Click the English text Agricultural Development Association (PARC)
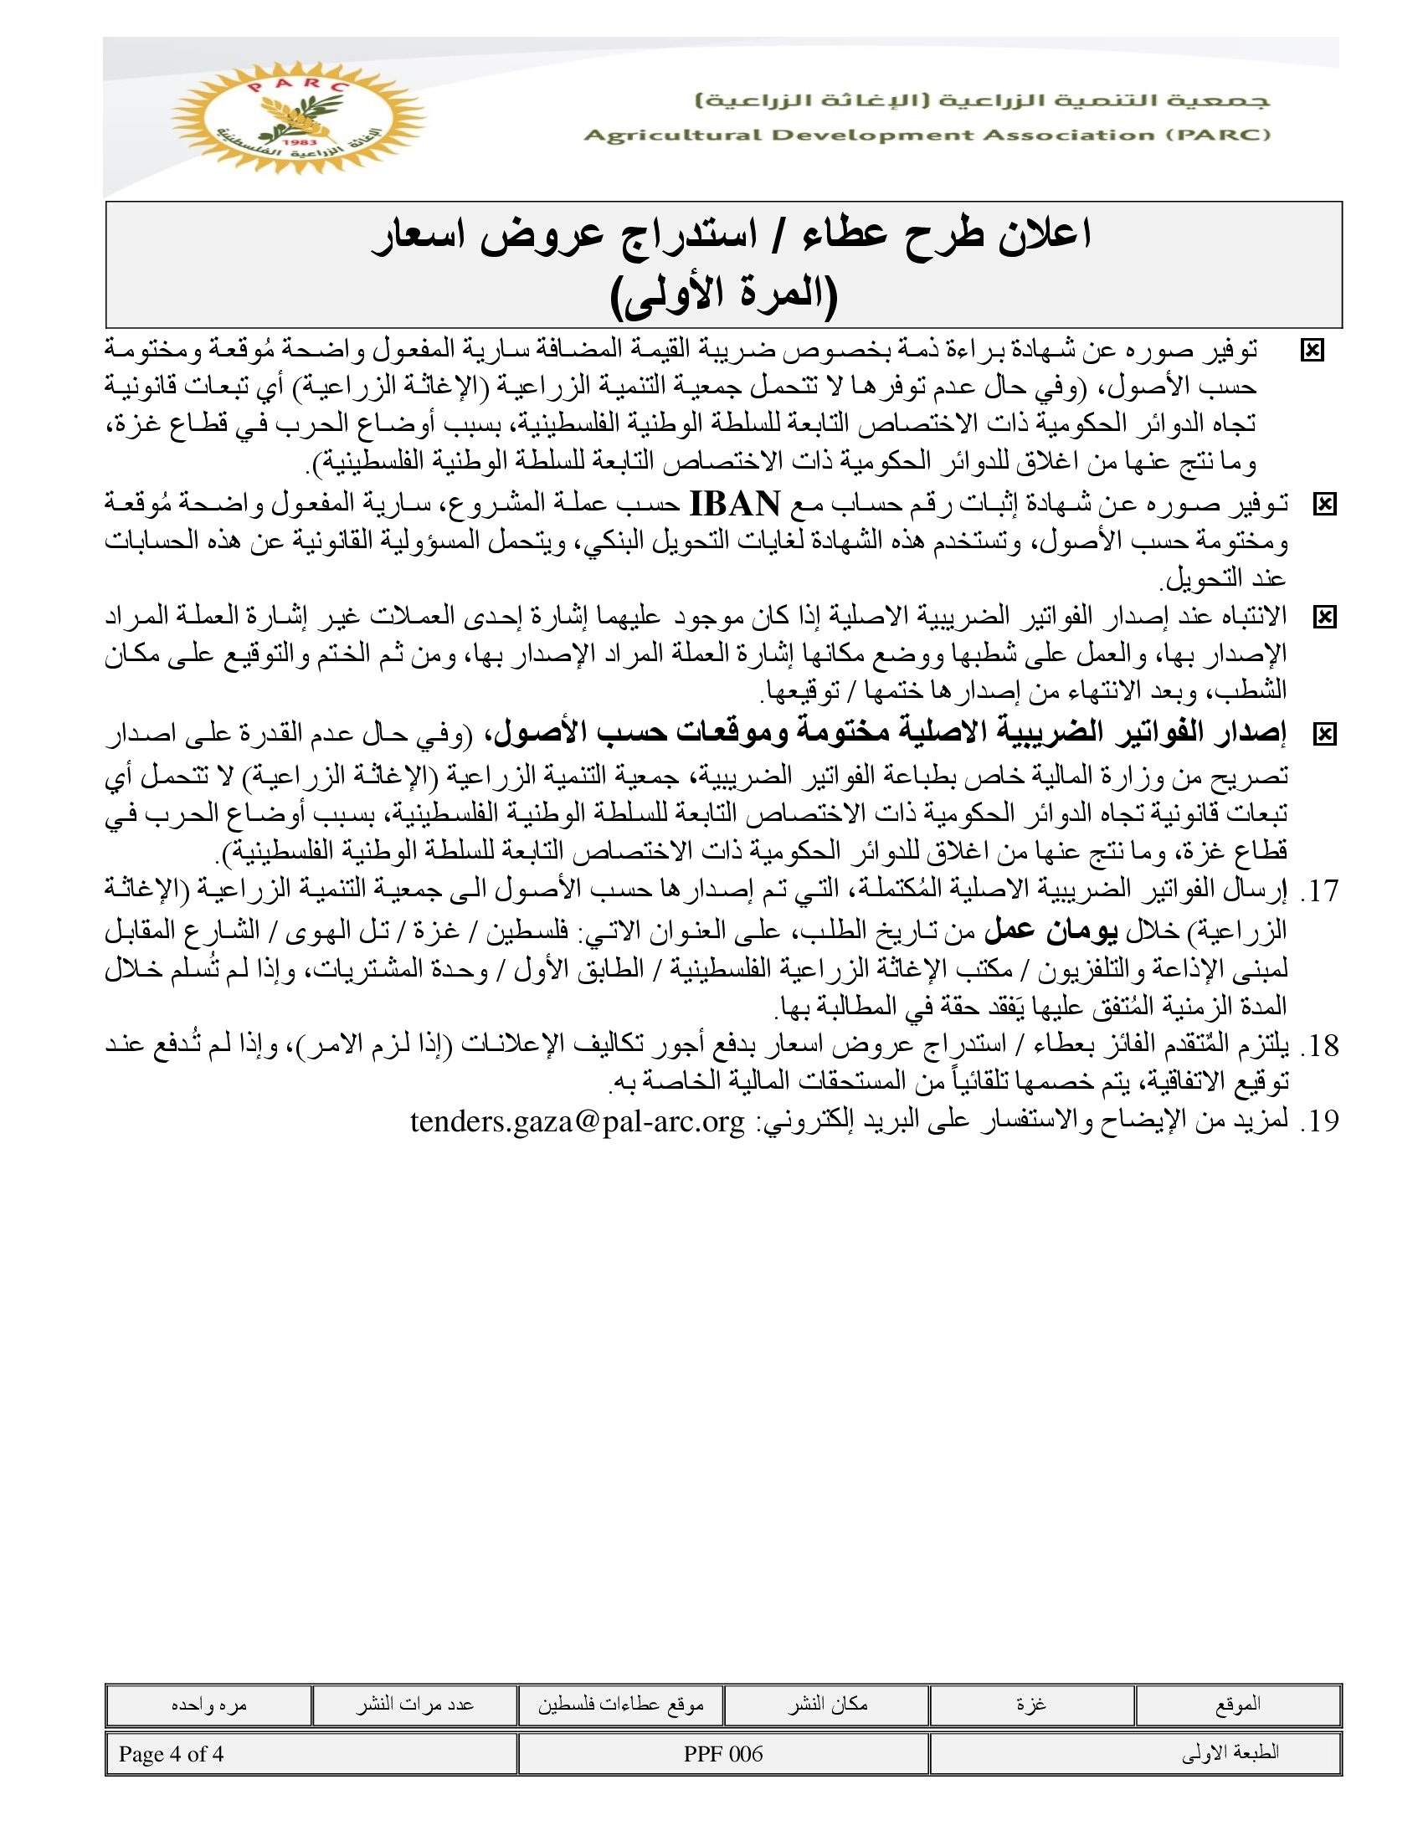927,136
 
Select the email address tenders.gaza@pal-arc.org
578,1122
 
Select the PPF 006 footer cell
723,1754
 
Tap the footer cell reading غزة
1032,1705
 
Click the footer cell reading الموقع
1237,1705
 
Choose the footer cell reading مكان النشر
827,1705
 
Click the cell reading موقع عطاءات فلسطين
620,1705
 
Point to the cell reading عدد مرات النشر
414,1705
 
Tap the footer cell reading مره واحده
208,1705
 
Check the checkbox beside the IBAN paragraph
1324,505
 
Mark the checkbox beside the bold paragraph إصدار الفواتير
1324,735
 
